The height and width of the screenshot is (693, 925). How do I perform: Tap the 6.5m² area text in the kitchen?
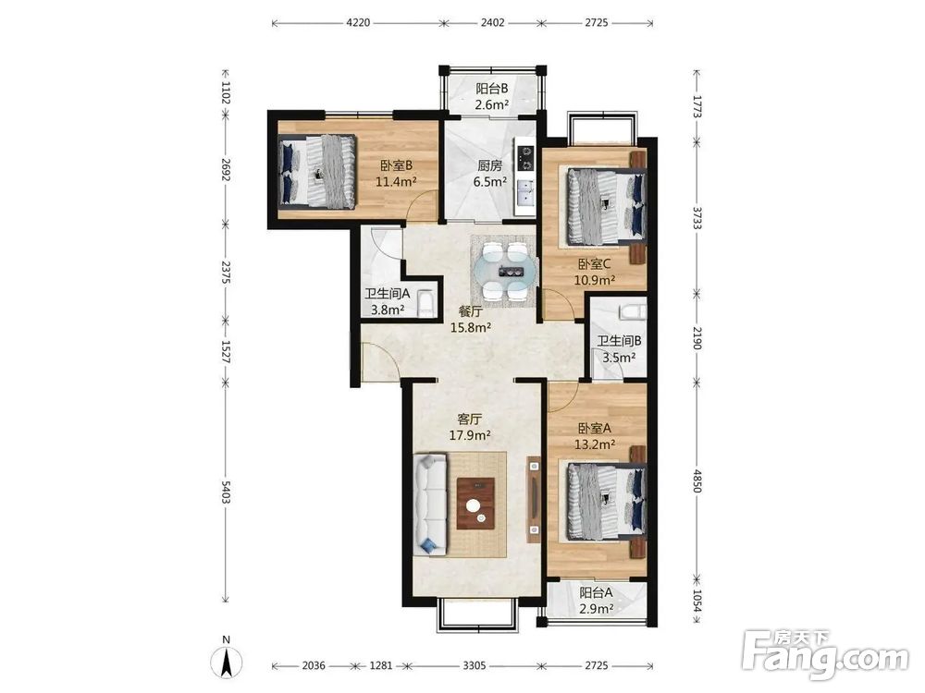pos(489,182)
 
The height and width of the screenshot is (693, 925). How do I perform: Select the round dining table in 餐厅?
pos(506,271)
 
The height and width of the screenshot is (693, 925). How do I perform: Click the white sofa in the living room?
pos(429,504)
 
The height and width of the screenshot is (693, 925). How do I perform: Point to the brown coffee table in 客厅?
pos(475,504)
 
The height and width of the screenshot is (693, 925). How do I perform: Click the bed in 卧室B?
pos(316,171)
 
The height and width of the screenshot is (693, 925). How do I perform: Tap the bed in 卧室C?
pos(605,206)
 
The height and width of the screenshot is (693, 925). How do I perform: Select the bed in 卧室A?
pos(606,502)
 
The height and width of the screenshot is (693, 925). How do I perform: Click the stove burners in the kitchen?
pos(524,158)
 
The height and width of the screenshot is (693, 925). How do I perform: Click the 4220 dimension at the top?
pos(357,23)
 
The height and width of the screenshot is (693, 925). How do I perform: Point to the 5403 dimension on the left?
pos(226,492)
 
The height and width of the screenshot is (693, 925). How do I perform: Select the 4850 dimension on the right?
pos(697,480)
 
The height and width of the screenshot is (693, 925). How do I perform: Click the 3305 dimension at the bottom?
pos(475,666)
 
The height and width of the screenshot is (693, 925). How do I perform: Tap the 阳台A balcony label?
pos(596,592)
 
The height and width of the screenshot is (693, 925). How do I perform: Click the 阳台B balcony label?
pos(492,89)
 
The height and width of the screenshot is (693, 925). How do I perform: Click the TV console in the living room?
pos(534,499)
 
